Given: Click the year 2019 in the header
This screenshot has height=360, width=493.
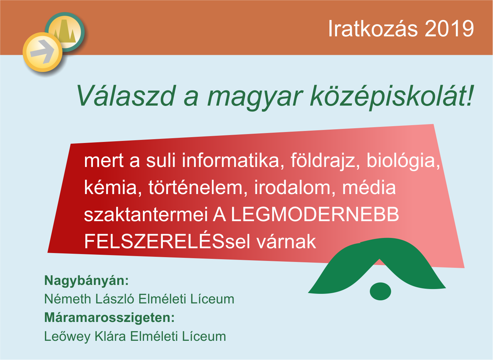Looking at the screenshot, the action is [449, 28].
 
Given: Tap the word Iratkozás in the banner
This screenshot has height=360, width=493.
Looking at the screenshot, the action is [373, 28].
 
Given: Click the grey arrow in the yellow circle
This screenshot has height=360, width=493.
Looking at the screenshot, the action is [42, 51].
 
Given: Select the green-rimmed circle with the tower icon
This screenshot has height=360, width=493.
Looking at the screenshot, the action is [65, 32].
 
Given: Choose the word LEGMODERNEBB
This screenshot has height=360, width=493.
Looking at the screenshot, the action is [315, 215].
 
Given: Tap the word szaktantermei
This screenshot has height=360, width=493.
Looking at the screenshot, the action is [146, 215].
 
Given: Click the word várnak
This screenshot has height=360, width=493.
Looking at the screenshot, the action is [286, 241].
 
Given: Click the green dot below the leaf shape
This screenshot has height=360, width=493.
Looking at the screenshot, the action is [380, 291].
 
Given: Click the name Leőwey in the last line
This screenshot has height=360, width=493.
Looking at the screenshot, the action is [67, 337].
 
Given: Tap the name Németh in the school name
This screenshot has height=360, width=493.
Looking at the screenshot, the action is [68, 299].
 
